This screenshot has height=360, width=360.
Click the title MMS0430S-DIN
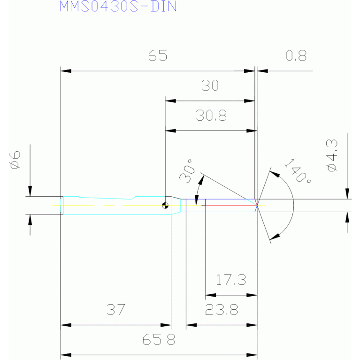(118, 6)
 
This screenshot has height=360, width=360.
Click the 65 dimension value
(158, 55)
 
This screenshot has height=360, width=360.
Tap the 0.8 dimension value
(296, 55)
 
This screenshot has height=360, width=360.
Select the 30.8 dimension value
(211, 115)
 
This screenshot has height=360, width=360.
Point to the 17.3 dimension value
(231, 280)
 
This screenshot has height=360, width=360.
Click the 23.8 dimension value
(222, 309)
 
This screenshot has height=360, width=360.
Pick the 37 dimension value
(116, 309)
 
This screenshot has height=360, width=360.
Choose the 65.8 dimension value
(159, 339)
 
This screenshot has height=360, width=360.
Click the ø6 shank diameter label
(15, 160)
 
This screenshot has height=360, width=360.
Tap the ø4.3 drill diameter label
(332, 155)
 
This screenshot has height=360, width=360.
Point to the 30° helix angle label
(186, 171)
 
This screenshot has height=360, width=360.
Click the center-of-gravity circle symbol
(165, 206)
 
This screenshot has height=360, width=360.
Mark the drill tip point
(257, 205)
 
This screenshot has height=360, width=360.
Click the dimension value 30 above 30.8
(210, 85)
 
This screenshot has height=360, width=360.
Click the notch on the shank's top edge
(134, 198)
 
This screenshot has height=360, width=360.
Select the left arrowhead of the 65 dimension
(66, 71)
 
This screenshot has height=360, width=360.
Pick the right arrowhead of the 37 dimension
(166, 325)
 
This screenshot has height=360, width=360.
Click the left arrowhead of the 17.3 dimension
(211, 295)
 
